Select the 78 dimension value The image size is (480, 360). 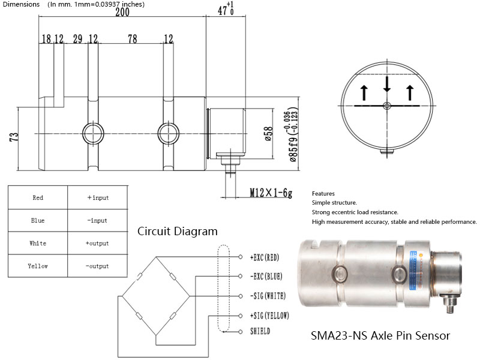(132, 39)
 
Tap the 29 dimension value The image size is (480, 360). (77, 39)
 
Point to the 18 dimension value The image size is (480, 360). (46, 39)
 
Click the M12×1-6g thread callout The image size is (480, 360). (271, 193)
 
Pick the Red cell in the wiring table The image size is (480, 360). (37, 197)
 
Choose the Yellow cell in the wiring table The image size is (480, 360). (38, 266)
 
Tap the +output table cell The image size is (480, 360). (97, 243)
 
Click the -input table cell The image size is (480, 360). (97, 220)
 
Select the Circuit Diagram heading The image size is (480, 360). (178, 231)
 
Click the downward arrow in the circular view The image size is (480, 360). (387, 85)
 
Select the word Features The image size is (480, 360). (323, 194)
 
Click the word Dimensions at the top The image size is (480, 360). (20, 4)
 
